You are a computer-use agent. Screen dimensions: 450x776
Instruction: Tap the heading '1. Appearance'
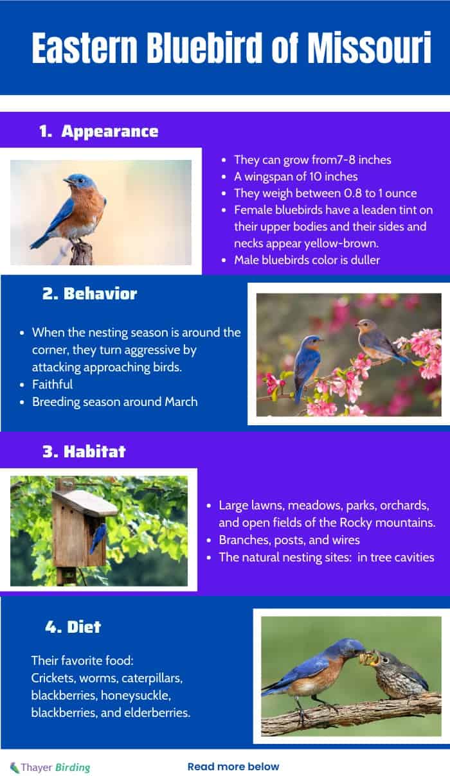(99, 131)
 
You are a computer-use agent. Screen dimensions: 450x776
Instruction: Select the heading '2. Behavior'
(90, 294)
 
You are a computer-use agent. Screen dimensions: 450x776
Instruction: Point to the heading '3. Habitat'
(84, 452)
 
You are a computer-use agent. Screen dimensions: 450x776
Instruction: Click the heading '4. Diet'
(73, 627)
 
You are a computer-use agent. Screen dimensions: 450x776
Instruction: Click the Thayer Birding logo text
(50, 768)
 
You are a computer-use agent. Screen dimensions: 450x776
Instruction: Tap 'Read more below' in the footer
(233, 766)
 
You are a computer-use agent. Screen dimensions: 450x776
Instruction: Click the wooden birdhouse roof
(85, 503)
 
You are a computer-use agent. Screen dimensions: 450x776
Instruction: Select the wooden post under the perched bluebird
(82, 254)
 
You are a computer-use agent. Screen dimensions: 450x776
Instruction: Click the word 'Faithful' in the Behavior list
(52, 384)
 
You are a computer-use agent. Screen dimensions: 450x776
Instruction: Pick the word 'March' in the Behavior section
(181, 402)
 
